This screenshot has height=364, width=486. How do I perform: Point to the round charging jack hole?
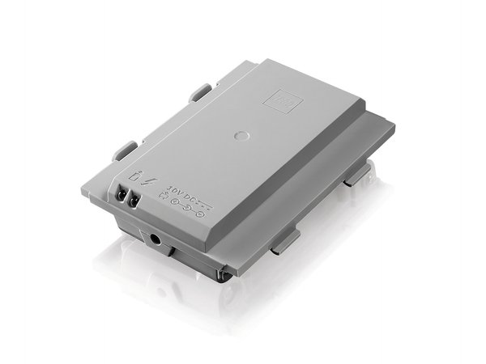tap(155, 239)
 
